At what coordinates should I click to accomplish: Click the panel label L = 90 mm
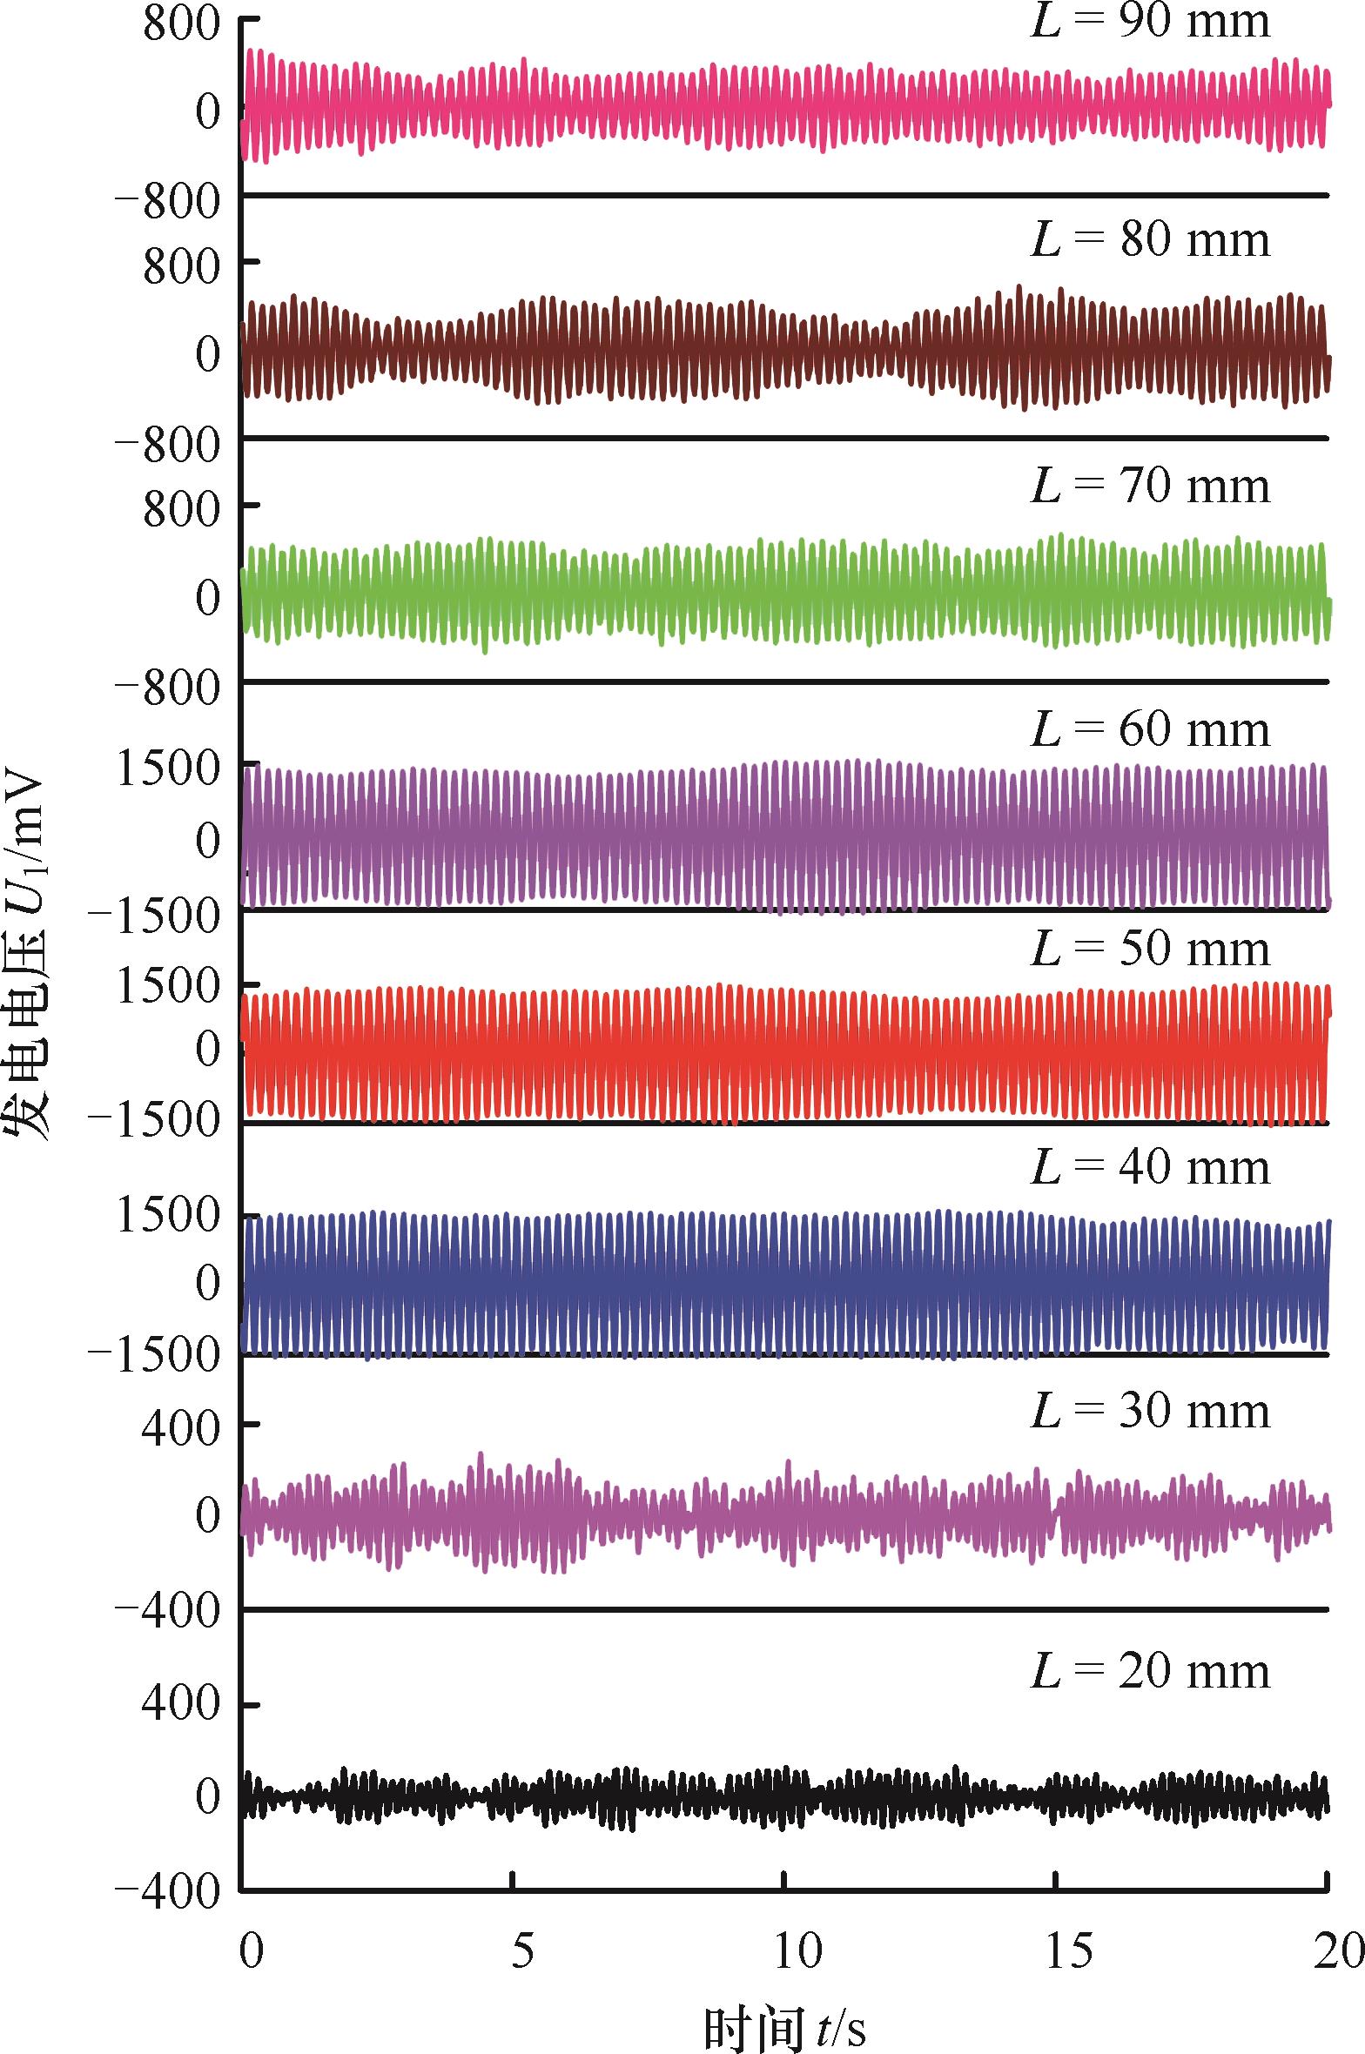[1150, 21]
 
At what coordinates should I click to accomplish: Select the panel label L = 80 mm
[1150, 239]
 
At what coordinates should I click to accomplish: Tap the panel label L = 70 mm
[1150, 486]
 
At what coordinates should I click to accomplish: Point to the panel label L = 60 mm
[1150, 729]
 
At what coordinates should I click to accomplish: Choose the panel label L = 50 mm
[1150, 949]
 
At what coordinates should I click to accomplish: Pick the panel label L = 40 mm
[1150, 1167]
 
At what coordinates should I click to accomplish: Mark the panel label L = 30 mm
[1150, 1411]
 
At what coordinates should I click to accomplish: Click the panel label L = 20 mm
[1150, 1672]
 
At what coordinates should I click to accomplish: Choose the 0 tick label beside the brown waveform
[208, 354]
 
